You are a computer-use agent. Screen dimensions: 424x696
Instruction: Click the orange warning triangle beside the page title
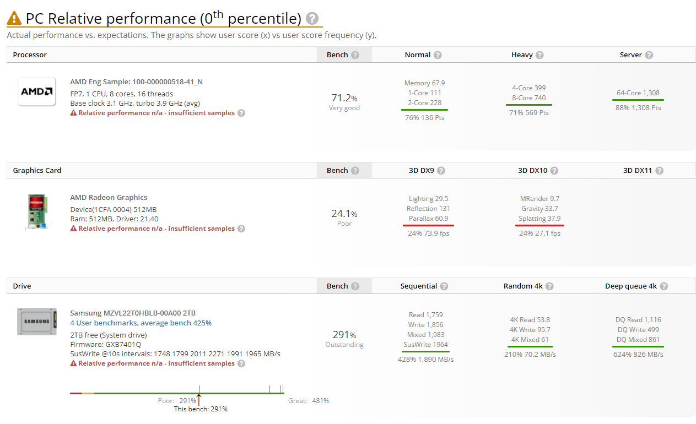click(14, 19)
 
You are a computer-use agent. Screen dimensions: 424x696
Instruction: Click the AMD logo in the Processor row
click(37, 91)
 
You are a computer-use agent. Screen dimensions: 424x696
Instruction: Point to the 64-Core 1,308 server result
click(638, 93)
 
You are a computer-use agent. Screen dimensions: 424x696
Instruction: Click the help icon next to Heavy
click(539, 55)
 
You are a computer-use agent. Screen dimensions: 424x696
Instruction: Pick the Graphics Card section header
click(37, 171)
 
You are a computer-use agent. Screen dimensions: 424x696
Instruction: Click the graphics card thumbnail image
click(37, 211)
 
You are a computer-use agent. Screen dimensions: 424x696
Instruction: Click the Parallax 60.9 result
click(428, 219)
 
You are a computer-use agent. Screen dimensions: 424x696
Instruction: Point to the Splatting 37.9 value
click(540, 219)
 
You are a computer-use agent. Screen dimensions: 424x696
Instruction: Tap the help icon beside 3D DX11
click(660, 171)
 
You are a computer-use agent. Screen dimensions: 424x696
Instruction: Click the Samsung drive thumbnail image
click(37, 322)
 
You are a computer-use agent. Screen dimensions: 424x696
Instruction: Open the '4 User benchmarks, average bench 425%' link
click(141, 323)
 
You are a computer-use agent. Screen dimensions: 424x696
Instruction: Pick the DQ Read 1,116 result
click(638, 320)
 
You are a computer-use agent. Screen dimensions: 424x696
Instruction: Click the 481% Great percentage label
click(320, 401)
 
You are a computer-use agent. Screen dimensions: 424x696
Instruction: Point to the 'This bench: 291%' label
click(201, 409)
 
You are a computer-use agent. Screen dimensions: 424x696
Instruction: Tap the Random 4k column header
click(522, 286)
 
